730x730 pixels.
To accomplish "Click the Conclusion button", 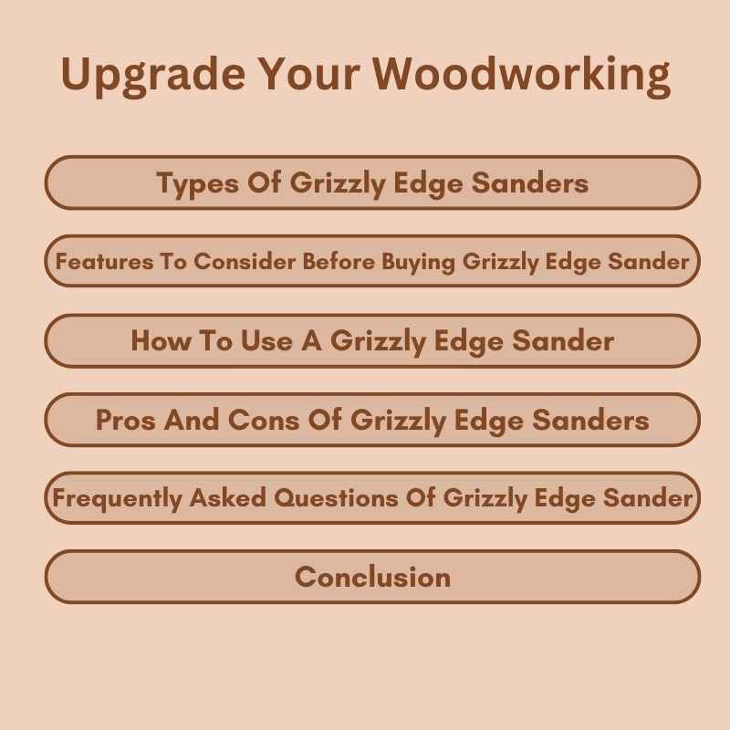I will pos(372,577).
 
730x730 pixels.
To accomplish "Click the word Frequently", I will pos(116,498).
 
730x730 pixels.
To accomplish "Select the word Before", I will pos(336,262).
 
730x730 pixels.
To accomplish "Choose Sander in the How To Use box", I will pos(562,341).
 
